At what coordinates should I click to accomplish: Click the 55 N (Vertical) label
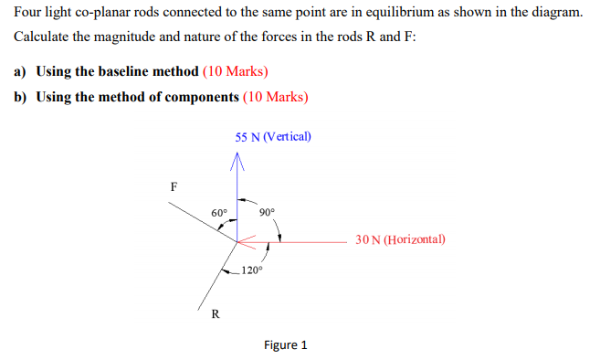pos(272,137)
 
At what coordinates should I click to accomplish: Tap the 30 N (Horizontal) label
pos(401,240)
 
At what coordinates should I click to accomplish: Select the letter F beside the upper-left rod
pos(174,185)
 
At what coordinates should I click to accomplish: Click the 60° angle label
pos(219,212)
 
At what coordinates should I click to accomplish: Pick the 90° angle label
pos(267,212)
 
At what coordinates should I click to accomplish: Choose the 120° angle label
pos(252,270)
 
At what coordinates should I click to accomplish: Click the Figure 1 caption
pos(286,344)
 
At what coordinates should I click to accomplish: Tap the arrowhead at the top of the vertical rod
pos(237,160)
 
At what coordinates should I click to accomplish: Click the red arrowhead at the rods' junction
pos(243,241)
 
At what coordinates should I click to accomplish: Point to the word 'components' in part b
pos(195,97)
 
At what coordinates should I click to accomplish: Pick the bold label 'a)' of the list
pos(20,71)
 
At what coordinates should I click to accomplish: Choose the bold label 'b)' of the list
pos(20,97)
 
